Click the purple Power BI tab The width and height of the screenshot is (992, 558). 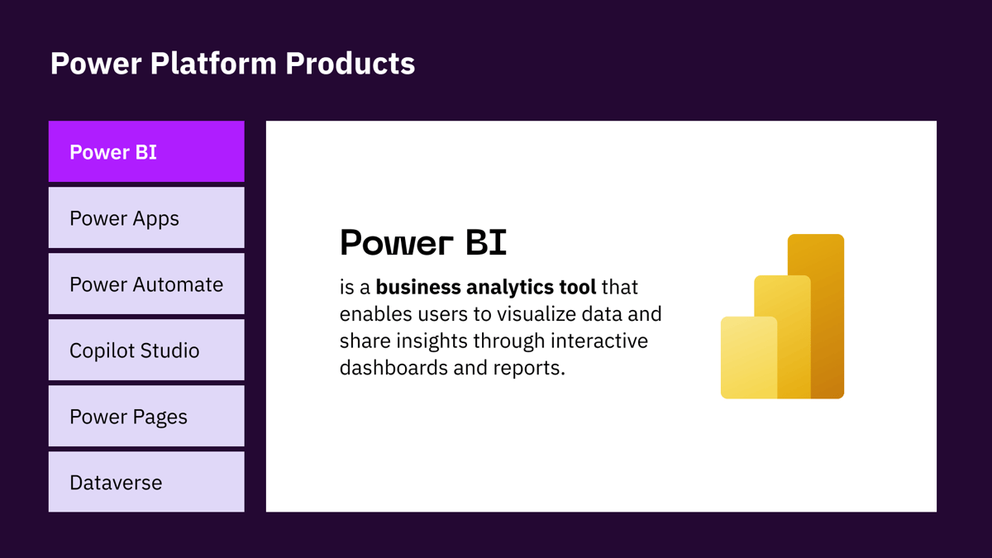146,151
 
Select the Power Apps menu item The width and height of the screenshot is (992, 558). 146,217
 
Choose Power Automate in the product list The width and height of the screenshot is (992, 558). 146,284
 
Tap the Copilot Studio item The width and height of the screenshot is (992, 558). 146,350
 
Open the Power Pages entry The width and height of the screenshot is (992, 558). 146,416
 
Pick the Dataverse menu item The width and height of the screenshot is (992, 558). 146,482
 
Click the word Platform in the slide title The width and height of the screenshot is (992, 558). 213,64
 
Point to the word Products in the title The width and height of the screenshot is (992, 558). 351,64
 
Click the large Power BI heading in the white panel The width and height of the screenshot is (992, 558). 423,242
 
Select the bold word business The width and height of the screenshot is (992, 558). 418,287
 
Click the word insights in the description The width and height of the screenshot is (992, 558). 432,341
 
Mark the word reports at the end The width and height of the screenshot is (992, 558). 529,369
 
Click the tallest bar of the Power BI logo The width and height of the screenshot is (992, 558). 827,316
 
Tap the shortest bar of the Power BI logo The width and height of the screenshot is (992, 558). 749,357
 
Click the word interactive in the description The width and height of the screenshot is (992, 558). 599,341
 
